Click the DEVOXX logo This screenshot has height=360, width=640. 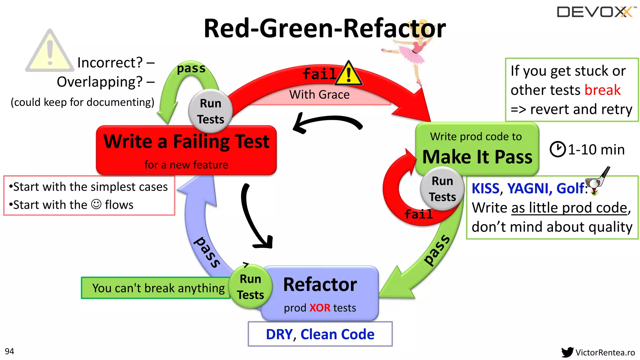pyautogui.click(x=596, y=12)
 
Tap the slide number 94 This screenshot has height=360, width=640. pyautogui.click(x=9, y=351)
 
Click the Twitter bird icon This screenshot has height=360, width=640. pyautogui.click(x=567, y=352)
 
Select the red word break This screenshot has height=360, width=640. pyautogui.click(x=602, y=90)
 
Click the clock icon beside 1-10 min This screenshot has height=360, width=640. pyautogui.click(x=557, y=149)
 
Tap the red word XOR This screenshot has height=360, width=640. pyautogui.click(x=320, y=308)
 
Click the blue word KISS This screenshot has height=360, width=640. pyautogui.click(x=485, y=188)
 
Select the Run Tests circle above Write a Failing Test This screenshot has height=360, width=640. pyautogui.click(x=211, y=111)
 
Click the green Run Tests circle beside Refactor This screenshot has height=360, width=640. pyautogui.click(x=250, y=287)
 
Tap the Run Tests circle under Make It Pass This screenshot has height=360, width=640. pyautogui.click(x=442, y=189)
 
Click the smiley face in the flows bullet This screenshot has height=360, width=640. pyautogui.click(x=96, y=204)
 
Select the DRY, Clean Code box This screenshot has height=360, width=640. pyautogui.click(x=320, y=334)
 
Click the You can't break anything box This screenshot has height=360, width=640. pyautogui.click(x=156, y=288)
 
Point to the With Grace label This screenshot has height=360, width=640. pyautogui.click(x=319, y=95)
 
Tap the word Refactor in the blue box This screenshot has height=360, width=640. pyautogui.click(x=320, y=285)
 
